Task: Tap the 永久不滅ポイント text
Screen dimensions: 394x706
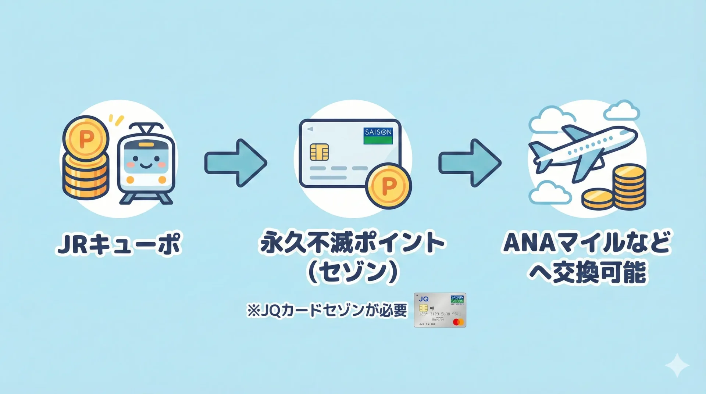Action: pos(352,243)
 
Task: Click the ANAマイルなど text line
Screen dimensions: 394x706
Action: pos(587,243)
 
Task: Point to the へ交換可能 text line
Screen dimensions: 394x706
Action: pos(587,273)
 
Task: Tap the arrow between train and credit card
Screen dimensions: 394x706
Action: pos(236,162)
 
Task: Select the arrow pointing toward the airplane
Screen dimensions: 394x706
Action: pos(470,162)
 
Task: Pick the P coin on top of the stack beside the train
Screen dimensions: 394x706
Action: pos(86,139)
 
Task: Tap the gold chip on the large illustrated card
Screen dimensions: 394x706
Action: pos(319,152)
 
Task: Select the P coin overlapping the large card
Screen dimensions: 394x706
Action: pos(389,186)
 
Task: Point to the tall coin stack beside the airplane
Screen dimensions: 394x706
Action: pos(630,187)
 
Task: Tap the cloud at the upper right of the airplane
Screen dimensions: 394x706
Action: pos(621,111)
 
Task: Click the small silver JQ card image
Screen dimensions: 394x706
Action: pos(440,310)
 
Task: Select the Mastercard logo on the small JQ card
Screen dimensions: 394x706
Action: pos(458,322)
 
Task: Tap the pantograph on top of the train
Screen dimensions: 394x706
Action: pos(147,129)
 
